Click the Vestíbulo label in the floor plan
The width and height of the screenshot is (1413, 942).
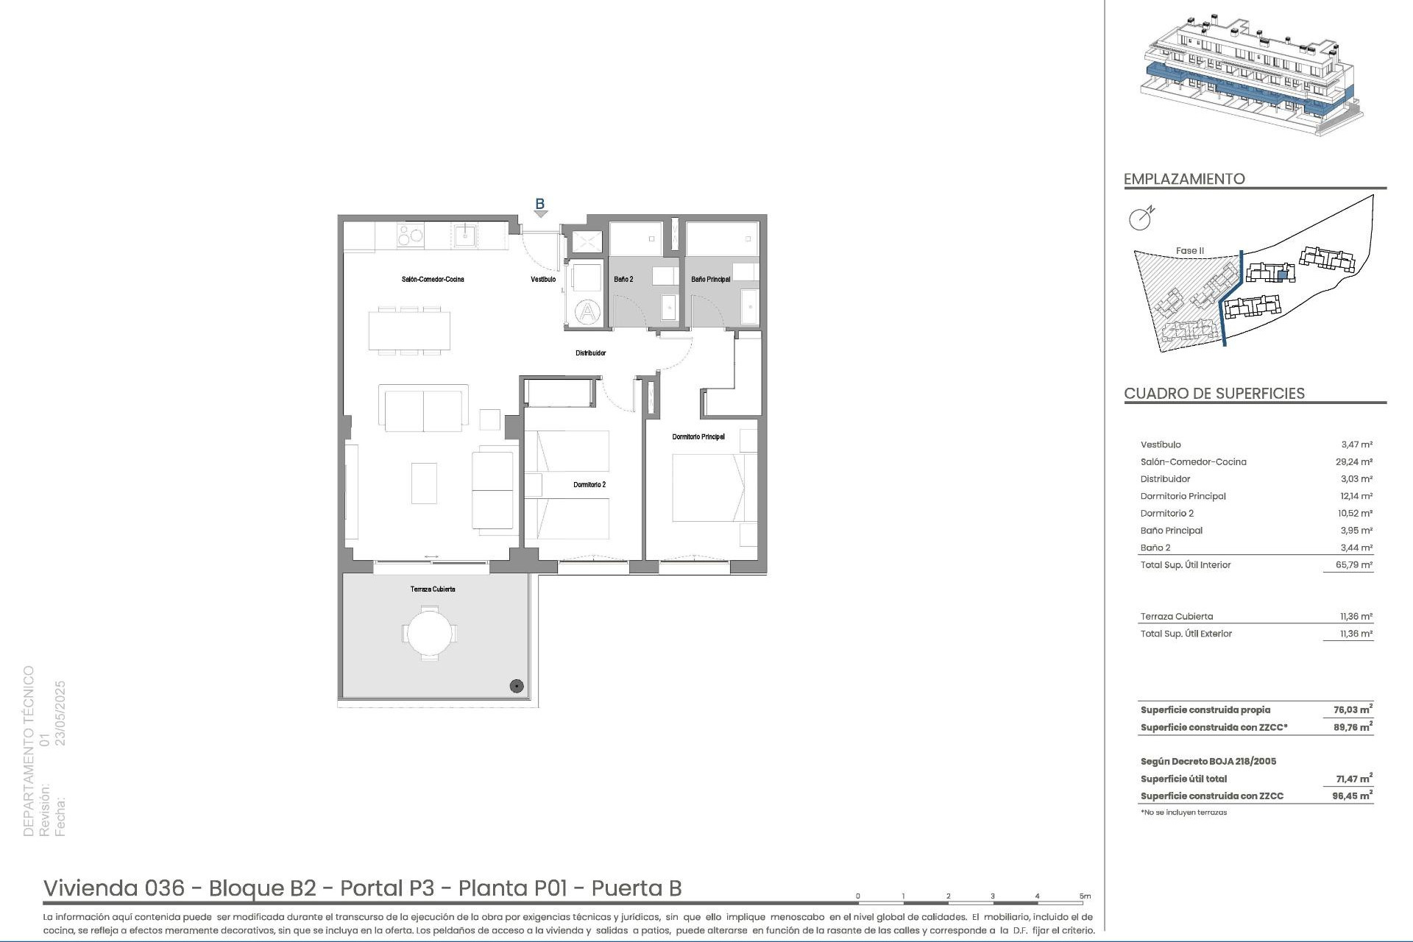(543, 280)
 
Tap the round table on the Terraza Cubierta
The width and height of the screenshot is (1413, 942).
(430, 633)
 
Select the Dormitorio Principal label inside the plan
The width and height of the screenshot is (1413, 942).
(698, 437)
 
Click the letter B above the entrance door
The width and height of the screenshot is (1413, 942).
(539, 204)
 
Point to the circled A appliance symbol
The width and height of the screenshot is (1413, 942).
(587, 313)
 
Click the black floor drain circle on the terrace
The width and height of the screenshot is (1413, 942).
(517, 687)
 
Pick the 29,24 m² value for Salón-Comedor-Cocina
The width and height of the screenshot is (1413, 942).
(1356, 462)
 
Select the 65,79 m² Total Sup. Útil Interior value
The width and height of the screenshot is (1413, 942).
(1356, 565)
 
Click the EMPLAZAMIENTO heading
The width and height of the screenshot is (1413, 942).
(1184, 179)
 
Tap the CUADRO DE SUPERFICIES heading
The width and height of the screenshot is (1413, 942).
(1214, 394)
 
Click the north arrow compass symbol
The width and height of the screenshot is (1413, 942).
(1141, 219)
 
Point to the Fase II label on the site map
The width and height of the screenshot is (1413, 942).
(1189, 251)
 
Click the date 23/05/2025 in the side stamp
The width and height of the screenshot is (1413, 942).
(61, 713)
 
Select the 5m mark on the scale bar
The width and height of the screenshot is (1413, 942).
(1085, 896)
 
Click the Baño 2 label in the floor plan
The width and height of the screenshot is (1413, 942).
(623, 280)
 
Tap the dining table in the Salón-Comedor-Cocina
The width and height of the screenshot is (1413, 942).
(410, 331)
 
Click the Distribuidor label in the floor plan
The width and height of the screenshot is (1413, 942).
(590, 353)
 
